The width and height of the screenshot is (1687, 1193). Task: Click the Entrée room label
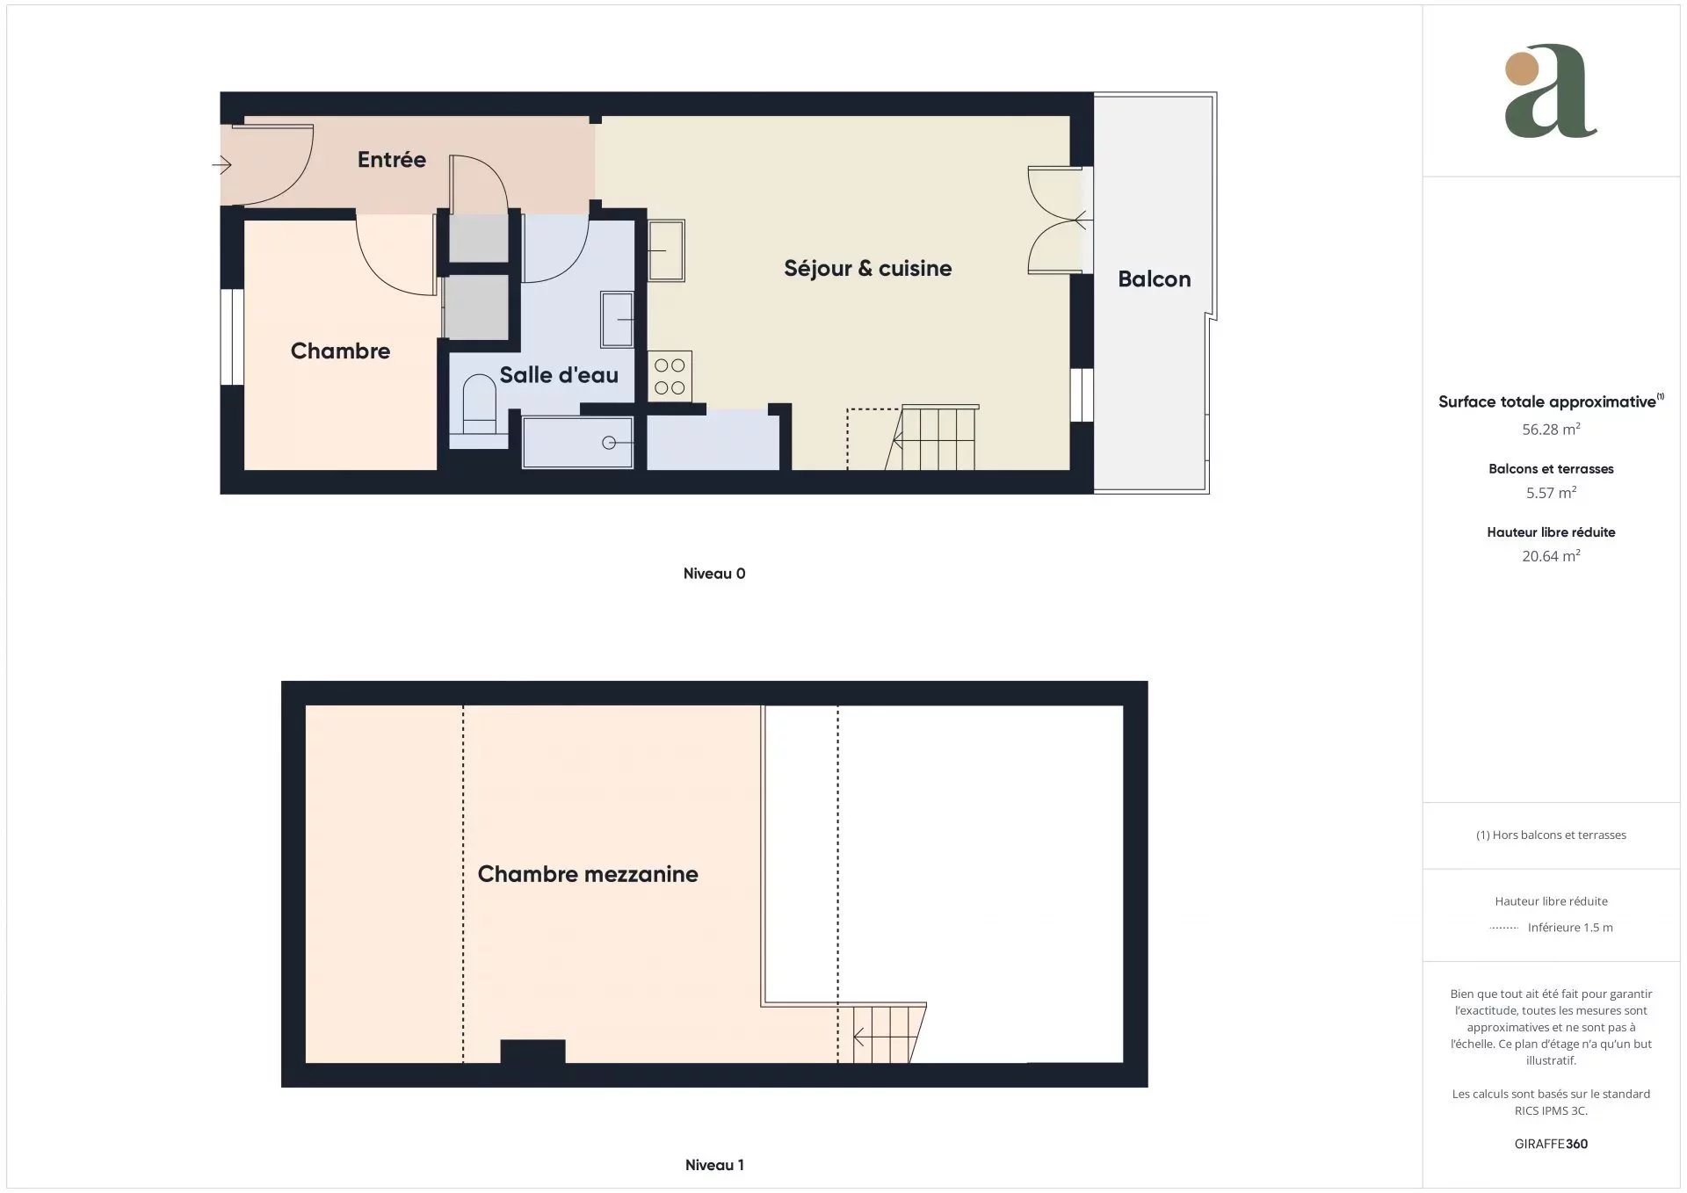(x=391, y=159)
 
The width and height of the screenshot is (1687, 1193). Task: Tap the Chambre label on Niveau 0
(x=340, y=351)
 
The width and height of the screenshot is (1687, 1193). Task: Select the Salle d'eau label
(x=559, y=374)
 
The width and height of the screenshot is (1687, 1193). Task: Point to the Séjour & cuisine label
(x=867, y=268)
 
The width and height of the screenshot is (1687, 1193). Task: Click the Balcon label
(x=1155, y=278)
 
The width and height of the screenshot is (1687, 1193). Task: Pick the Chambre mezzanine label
(x=588, y=873)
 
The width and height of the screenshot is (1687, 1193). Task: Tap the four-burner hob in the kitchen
(x=670, y=376)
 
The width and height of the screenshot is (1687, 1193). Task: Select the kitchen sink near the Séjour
(x=666, y=250)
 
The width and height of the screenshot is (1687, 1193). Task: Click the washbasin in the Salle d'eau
(x=618, y=319)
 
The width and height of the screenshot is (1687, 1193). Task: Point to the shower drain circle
(x=609, y=443)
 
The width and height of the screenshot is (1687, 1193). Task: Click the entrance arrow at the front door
(x=221, y=164)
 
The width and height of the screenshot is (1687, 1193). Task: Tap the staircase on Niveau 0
(x=932, y=437)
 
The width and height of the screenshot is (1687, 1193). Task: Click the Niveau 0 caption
(x=714, y=574)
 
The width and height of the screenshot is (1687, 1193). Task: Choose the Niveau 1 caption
(x=714, y=1165)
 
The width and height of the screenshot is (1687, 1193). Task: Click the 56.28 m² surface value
(x=1551, y=429)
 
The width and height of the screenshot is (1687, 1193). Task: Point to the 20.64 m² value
(x=1551, y=555)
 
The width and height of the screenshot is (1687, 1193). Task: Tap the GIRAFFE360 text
(x=1551, y=1144)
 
